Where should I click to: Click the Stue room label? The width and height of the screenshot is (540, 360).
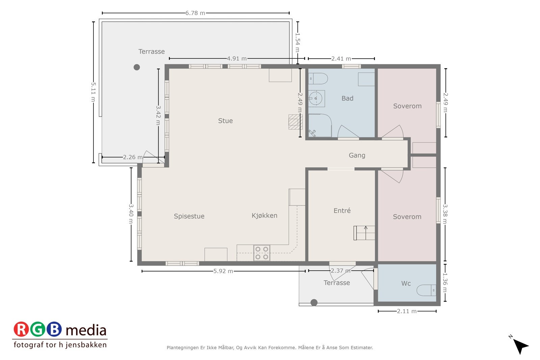pos(225,121)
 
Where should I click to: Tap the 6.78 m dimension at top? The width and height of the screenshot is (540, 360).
pos(195,13)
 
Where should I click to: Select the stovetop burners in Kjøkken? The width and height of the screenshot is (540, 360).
pos(262,253)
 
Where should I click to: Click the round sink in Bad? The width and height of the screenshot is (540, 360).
pos(316,99)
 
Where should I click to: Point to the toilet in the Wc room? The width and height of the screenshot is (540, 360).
pos(426,290)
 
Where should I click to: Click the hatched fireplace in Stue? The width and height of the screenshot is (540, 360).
pos(295,122)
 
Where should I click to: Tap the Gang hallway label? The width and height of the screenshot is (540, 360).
pos(357,155)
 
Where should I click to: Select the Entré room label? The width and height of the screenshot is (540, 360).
pos(342,211)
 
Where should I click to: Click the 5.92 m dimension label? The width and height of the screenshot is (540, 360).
pos(223,271)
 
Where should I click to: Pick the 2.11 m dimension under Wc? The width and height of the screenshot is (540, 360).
pos(406,311)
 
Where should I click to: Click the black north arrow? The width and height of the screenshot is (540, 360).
pos(521,346)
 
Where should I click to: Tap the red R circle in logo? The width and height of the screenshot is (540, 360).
pos(21,330)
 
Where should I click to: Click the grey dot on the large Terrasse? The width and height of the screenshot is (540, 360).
pos(137,67)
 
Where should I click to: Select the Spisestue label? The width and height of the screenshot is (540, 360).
pos(189,216)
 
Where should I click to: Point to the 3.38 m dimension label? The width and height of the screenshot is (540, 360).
pos(445,214)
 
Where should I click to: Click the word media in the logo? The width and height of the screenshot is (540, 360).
pos(86,330)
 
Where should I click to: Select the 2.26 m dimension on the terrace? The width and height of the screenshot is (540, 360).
pos(133,157)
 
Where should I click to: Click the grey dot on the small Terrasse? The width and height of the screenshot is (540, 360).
pos(314,303)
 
